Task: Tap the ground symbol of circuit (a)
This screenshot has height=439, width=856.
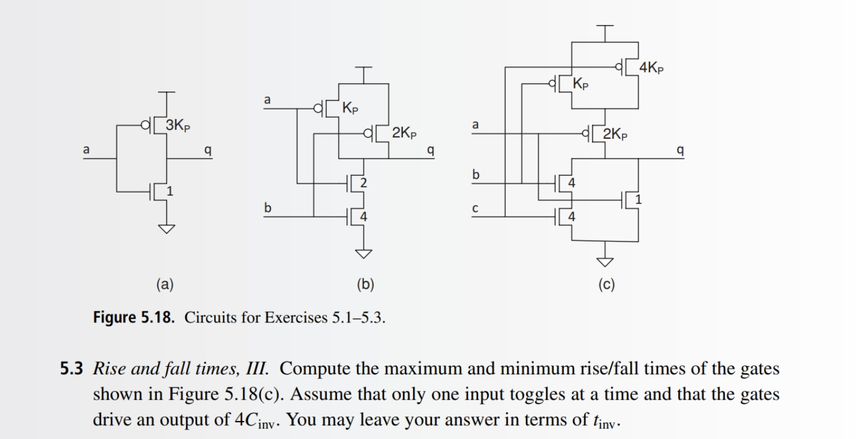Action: [167, 228]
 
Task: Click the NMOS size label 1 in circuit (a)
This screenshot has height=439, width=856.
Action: [169, 191]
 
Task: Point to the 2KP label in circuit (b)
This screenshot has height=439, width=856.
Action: [405, 133]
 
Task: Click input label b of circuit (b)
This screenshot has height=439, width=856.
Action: [268, 208]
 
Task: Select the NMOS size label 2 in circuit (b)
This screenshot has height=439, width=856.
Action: [363, 182]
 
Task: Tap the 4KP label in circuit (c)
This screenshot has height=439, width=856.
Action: [651, 68]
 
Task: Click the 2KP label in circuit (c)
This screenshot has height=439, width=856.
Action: [615, 134]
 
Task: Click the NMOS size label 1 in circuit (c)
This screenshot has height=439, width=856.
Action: [639, 200]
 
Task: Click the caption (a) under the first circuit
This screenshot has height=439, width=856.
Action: [164, 285]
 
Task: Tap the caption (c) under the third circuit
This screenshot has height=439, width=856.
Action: [605, 285]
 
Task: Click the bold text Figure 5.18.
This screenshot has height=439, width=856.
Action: [134, 316]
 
